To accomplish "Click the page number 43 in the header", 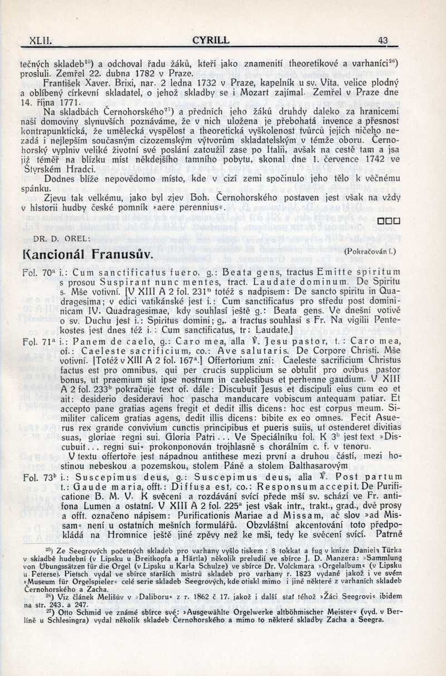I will point(382,40).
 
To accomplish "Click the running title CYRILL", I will point(210,40).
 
